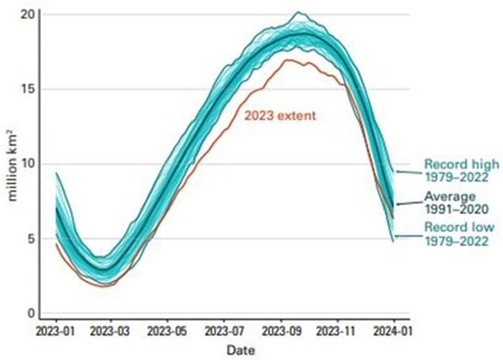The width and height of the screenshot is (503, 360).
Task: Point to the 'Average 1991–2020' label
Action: (x=454, y=203)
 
